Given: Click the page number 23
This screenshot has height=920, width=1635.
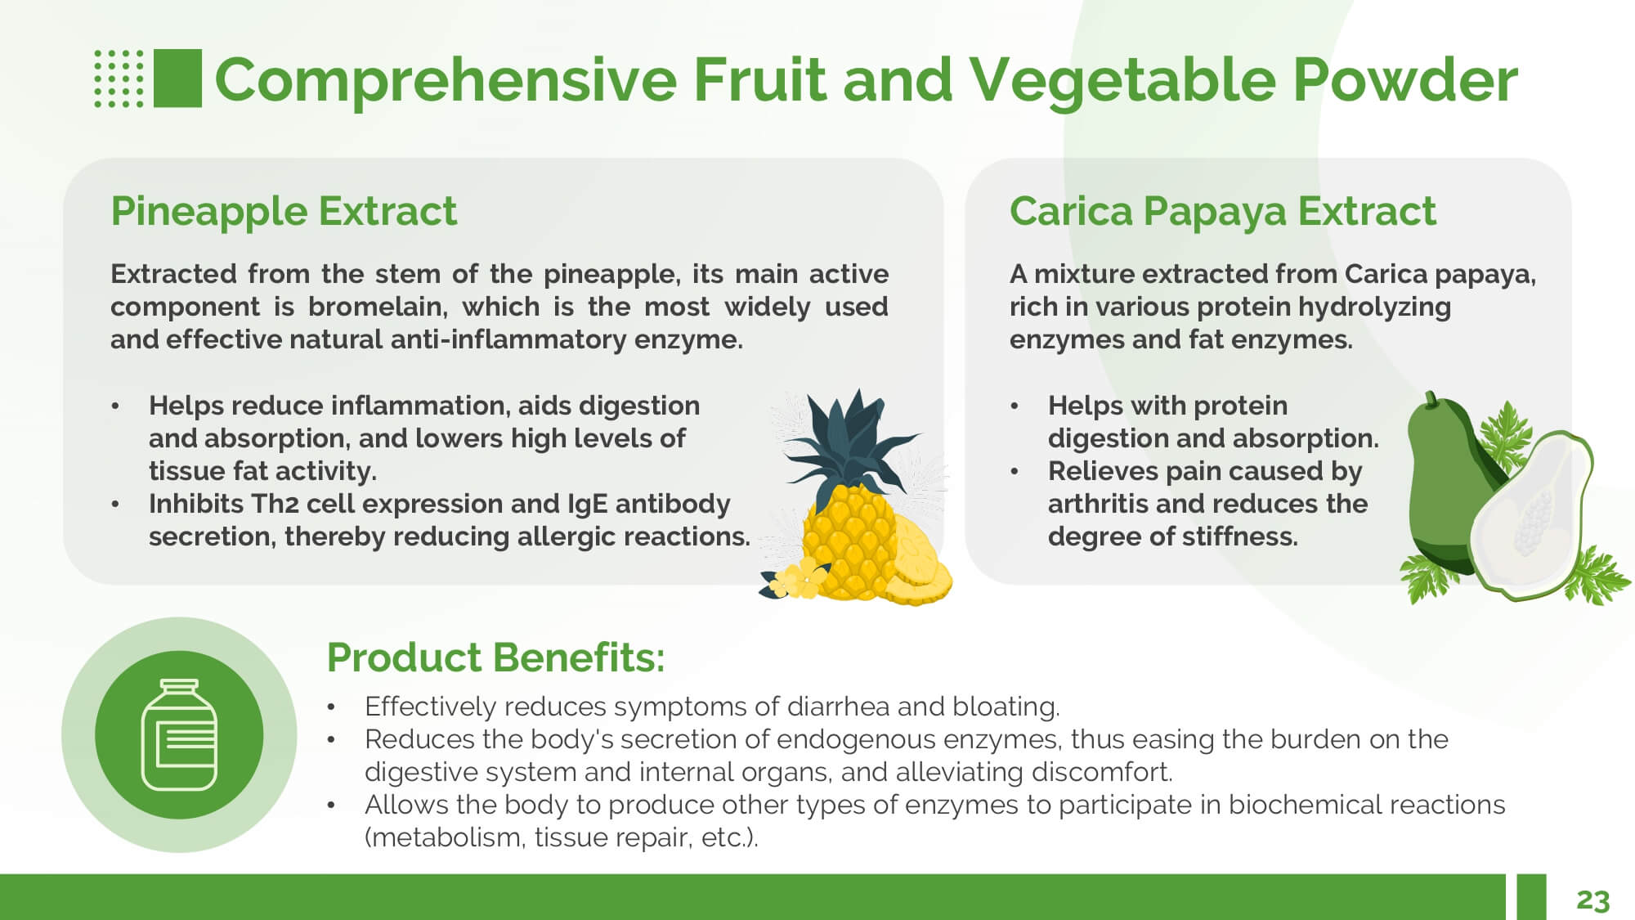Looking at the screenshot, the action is point(1592,900).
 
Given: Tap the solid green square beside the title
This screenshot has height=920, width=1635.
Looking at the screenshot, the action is point(177,79).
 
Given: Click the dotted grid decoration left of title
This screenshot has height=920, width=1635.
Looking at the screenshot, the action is point(119,79).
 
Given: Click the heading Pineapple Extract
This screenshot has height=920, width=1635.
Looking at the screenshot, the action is point(284,211).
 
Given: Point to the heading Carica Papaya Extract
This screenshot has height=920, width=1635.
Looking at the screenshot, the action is point(1222,211).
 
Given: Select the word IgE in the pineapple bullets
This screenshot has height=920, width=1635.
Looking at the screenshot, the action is point(588,504).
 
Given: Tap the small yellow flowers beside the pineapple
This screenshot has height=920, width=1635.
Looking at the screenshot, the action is point(795,579).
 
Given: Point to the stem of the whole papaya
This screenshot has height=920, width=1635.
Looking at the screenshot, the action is point(1430,398).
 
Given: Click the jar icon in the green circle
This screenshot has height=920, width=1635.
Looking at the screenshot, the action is point(179,734).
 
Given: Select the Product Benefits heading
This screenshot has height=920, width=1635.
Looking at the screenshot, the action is point(495,657).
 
